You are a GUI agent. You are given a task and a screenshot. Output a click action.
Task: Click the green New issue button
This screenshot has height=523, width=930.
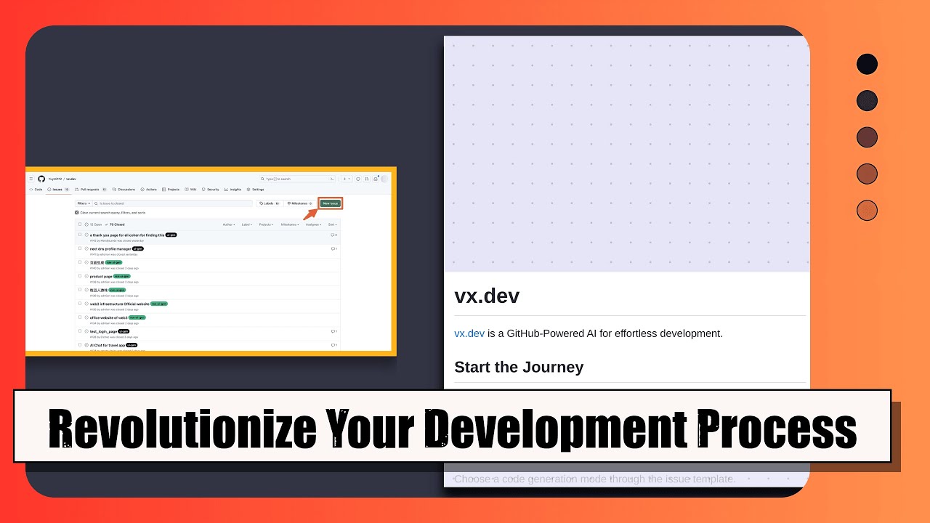pos(330,203)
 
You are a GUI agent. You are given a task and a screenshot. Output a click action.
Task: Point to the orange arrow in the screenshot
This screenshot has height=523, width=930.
pos(310,213)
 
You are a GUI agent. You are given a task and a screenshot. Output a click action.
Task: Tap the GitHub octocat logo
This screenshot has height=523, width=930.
pos(41,179)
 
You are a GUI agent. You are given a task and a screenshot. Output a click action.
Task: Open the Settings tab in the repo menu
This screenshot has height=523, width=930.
pos(256,190)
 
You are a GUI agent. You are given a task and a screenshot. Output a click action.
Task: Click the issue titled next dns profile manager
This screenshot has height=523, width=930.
pos(110,248)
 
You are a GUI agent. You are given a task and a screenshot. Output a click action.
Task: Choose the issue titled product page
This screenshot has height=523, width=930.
pos(101,276)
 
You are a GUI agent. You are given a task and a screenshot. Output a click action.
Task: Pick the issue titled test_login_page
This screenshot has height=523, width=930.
pos(102,331)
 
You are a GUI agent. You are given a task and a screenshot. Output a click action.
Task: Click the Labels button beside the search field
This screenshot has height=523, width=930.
pos(269,203)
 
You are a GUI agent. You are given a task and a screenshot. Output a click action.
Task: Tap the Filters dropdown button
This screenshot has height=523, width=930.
pos(84,203)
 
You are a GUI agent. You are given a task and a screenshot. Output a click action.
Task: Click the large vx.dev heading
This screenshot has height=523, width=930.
pos(487,296)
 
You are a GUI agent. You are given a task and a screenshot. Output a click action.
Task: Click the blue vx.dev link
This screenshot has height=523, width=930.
pos(469,333)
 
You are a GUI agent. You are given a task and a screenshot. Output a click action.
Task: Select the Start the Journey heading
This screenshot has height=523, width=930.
pos(519,367)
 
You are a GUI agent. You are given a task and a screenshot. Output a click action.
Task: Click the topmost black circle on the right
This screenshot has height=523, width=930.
pos(867,64)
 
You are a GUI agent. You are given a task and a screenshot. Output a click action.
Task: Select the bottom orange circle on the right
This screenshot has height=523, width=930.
pos(867,211)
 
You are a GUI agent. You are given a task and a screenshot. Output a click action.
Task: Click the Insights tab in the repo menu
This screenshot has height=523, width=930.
pos(235,190)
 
